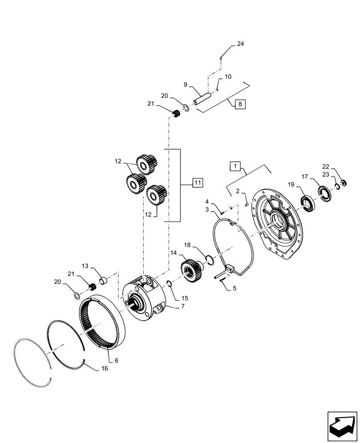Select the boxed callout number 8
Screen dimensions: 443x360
point(240,105)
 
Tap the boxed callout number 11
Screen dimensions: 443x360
point(197,182)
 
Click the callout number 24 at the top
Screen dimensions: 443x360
point(240,43)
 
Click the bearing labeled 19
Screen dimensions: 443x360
point(306,202)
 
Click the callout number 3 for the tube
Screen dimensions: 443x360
point(207,209)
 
